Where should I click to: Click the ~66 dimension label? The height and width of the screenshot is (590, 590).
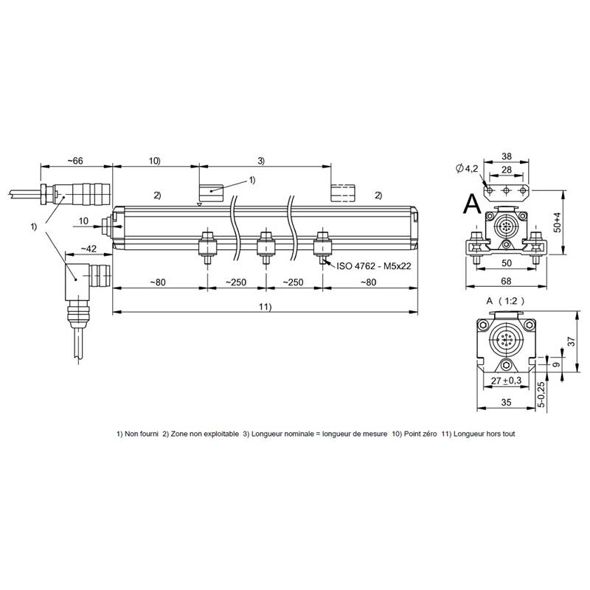tap(75, 161)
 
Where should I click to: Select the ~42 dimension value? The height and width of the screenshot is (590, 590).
tap(88, 249)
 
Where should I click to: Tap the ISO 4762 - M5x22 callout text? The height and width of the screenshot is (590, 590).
tap(374, 266)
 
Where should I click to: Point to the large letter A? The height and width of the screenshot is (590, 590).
tap(472, 204)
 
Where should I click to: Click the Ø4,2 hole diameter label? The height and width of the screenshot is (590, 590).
tap(467, 169)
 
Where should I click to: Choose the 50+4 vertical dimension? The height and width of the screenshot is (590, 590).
tap(557, 223)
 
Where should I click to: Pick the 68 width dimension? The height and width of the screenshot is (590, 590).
tap(506, 281)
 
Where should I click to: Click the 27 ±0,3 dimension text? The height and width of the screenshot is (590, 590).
tap(506, 381)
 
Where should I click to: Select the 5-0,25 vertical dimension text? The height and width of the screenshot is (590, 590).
tap(541, 395)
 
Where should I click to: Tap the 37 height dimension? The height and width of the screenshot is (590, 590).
tap(572, 341)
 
